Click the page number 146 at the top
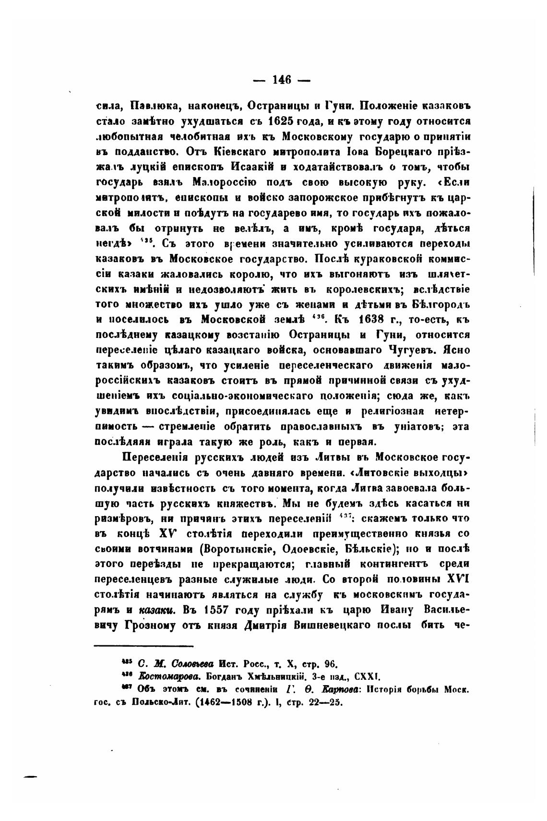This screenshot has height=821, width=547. coord(282,80)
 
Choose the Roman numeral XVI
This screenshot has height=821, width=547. coord(458,580)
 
